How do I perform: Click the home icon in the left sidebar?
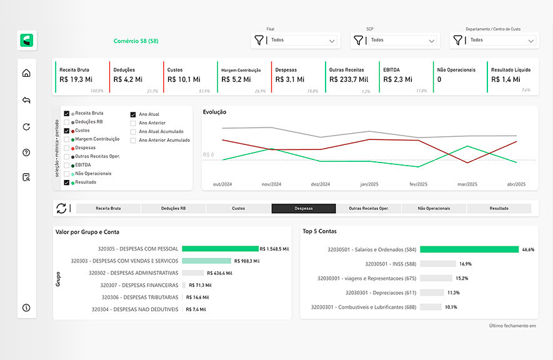26,73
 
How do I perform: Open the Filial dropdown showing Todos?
296,41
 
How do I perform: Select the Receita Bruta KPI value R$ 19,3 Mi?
76,79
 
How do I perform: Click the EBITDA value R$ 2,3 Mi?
397,79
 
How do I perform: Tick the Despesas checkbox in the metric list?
66,147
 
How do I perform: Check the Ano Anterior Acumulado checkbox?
133,140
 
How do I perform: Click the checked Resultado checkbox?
66,182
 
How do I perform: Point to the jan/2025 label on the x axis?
369,184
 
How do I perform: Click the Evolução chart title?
214,112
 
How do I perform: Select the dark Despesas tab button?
304,208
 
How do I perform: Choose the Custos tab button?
238,208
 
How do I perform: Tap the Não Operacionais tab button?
434,208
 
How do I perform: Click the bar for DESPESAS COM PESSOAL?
220,249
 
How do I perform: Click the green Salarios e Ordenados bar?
469,249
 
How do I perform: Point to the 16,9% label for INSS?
466,264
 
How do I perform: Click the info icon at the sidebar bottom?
26,307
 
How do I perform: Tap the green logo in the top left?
27,41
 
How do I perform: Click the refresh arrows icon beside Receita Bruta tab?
61,208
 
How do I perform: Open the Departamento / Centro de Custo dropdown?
494,41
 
